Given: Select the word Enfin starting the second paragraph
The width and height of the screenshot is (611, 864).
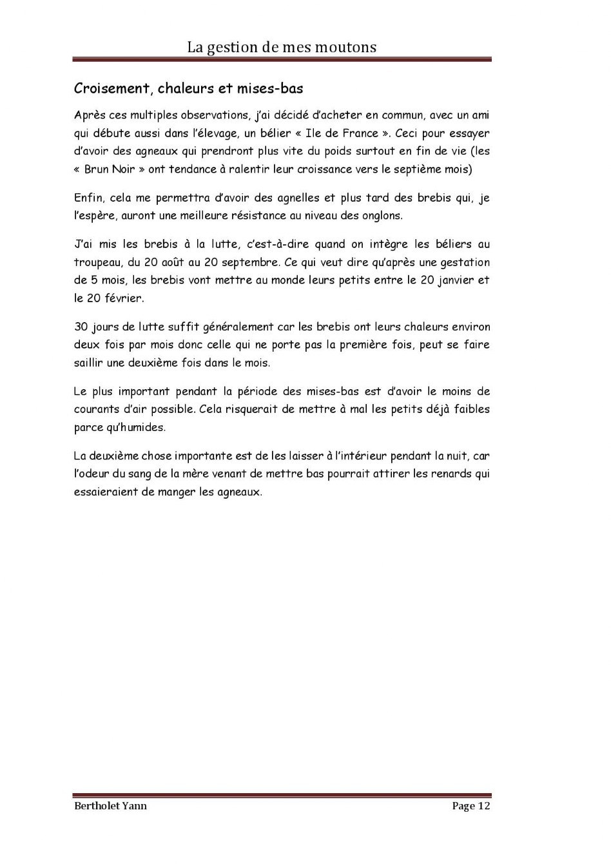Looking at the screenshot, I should pyautogui.click(x=88, y=198).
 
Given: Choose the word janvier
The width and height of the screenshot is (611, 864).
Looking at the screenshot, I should pyautogui.click(x=455, y=280).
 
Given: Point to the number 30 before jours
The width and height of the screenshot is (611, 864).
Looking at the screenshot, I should pyautogui.click(x=81, y=327).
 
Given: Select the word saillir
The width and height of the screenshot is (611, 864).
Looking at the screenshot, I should pyautogui.click(x=88, y=363).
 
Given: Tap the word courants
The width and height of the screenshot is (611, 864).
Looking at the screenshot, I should pyautogui.click(x=96, y=409).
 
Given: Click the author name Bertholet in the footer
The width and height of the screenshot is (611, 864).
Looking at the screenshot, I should pyautogui.click(x=97, y=806).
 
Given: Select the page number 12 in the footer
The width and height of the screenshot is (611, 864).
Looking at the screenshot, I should pyautogui.click(x=484, y=806).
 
